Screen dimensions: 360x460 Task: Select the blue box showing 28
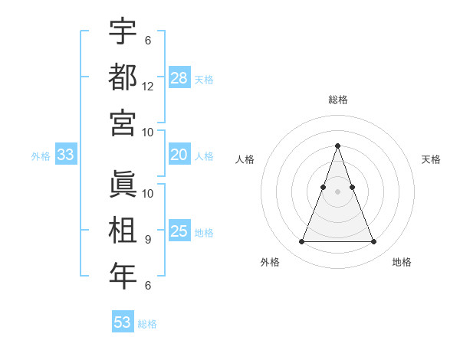[179, 77]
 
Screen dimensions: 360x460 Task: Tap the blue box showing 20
[179, 155]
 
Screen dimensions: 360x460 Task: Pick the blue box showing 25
[179, 231]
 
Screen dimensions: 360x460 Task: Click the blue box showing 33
[65, 155]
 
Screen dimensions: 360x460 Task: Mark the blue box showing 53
[123, 322]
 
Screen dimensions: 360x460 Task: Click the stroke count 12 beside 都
[148, 87]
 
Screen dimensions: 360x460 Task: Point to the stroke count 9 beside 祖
[147, 240]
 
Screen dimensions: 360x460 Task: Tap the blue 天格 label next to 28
[204, 79]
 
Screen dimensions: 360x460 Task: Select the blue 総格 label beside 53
[147, 324]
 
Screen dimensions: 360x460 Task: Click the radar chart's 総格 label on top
[337, 100]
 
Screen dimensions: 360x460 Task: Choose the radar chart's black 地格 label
[402, 262]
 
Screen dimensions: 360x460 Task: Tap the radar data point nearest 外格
[301, 242]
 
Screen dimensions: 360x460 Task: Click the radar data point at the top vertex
[337, 146]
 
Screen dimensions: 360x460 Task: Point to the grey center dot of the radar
[337, 191]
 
